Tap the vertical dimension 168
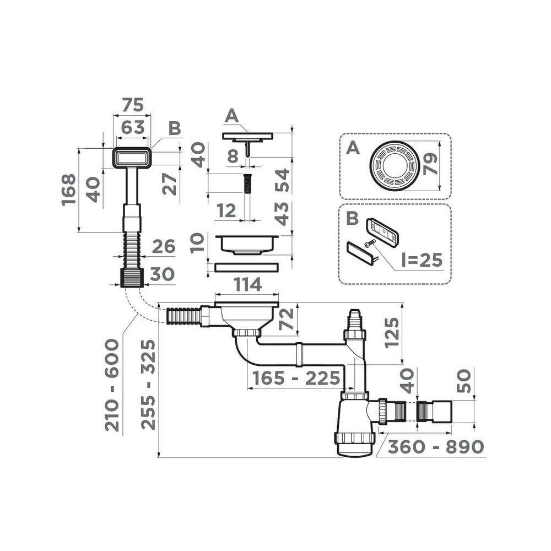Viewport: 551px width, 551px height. [68, 190]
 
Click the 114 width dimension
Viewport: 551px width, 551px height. [247, 285]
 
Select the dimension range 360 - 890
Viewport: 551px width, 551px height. [435, 447]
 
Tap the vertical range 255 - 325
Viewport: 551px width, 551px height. [147, 385]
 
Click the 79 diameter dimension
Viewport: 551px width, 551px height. [431, 164]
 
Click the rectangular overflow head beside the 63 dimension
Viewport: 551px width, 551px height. [131, 158]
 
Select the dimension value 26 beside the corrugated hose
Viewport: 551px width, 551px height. [163, 247]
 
